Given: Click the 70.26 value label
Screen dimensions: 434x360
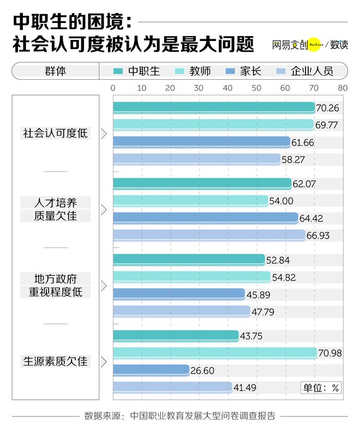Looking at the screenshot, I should point(327,108).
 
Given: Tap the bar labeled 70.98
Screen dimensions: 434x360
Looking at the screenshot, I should point(215,353).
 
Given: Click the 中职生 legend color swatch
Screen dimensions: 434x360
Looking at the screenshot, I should point(118,71).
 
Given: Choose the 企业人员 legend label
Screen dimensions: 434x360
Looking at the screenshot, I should point(311,71).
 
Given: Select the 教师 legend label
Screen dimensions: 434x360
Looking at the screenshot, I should point(200,71).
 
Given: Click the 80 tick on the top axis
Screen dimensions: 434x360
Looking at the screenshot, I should point(343,87).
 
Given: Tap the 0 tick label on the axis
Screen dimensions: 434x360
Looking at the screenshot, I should point(113,87).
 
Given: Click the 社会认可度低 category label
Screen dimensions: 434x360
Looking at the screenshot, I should point(55,133).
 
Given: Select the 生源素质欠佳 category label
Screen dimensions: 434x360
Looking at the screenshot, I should point(55,361).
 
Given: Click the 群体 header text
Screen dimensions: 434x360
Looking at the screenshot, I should point(55,71).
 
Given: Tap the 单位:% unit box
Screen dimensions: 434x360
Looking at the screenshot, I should point(321,388).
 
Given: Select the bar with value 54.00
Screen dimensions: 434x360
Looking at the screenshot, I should point(190,201).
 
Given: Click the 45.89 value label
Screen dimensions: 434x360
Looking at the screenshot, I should point(259,294).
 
